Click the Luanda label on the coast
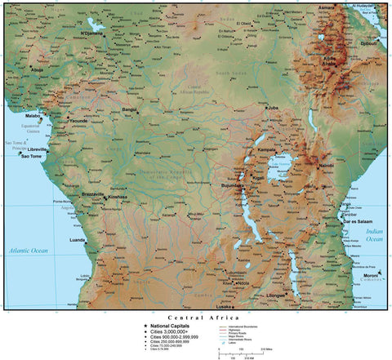click(x=78, y=240)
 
